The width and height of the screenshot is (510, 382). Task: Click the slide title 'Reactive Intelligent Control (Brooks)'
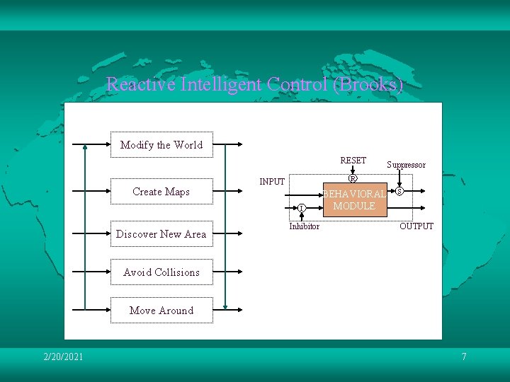coord(255,85)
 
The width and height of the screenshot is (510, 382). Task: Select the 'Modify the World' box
coord(161,145)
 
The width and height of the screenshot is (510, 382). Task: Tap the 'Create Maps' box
coord(161,191)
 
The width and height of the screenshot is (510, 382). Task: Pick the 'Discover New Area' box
coord(161,234)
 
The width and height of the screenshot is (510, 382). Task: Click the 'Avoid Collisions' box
coord(161,272)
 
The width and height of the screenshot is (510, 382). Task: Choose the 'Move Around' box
coord(161,311)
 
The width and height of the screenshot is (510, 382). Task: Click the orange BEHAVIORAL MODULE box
coord(354,200)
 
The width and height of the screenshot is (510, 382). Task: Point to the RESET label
coord(353,161)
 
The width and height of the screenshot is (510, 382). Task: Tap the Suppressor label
coord(406,165)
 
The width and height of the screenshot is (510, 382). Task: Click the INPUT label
coord(272,182)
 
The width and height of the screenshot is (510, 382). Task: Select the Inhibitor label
coord(304,226)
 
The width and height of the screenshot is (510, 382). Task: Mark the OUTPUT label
coord(416,226)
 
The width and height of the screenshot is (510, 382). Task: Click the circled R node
coord(353,178)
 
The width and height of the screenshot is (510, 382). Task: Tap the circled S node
coord(399,191)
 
